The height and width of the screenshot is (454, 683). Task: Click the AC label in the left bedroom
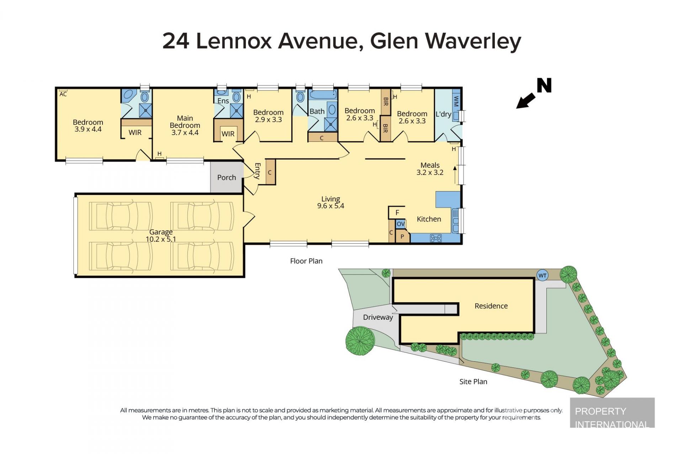tap(63, 94)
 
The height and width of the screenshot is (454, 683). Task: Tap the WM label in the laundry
tap(456, 101)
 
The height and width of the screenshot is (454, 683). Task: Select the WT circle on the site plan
tap(542, 275)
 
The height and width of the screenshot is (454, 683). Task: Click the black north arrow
tap(526, 101)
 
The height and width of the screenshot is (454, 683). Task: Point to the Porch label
tap(227, 177)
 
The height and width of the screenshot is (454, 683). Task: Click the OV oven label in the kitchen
tap(401, 224)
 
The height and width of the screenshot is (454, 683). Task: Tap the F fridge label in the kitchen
tap(397, 212)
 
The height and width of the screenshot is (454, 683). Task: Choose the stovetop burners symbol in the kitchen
tap(436, 238)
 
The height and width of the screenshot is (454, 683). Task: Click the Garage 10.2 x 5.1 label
tap(161, 236)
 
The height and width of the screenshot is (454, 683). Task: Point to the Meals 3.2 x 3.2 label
tap(430, 169)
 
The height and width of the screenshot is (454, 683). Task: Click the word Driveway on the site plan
tap(378, 317)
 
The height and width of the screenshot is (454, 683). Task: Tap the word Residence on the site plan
tap(491, 306)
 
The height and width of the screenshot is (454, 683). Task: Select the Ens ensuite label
tap(223, 101)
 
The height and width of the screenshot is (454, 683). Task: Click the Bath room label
tap(317, 111)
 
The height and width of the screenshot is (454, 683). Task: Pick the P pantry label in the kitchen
tap(402, 237)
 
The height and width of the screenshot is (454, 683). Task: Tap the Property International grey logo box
tap(612, 412)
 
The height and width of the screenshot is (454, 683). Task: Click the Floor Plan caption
tap(306, 261)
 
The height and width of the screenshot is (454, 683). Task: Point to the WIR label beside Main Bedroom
tap(228, 134)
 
